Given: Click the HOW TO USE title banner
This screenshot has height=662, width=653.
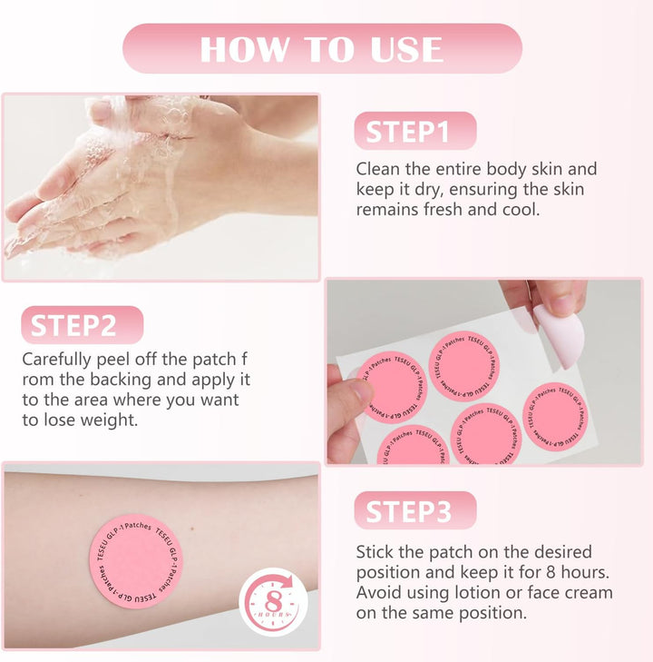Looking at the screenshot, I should coord(322,49).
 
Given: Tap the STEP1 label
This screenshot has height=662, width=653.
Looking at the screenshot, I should coord(414,132).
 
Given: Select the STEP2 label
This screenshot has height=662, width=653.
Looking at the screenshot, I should coord(82,325).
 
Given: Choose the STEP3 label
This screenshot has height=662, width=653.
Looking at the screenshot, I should coord(414,511).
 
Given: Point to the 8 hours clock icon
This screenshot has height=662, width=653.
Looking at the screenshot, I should coord(273,602).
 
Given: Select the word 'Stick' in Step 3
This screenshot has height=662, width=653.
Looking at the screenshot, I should coord(376,552).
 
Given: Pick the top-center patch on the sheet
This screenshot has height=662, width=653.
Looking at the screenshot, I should coord(464,365).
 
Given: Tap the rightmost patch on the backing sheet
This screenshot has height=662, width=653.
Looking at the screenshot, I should coord(554,416).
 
